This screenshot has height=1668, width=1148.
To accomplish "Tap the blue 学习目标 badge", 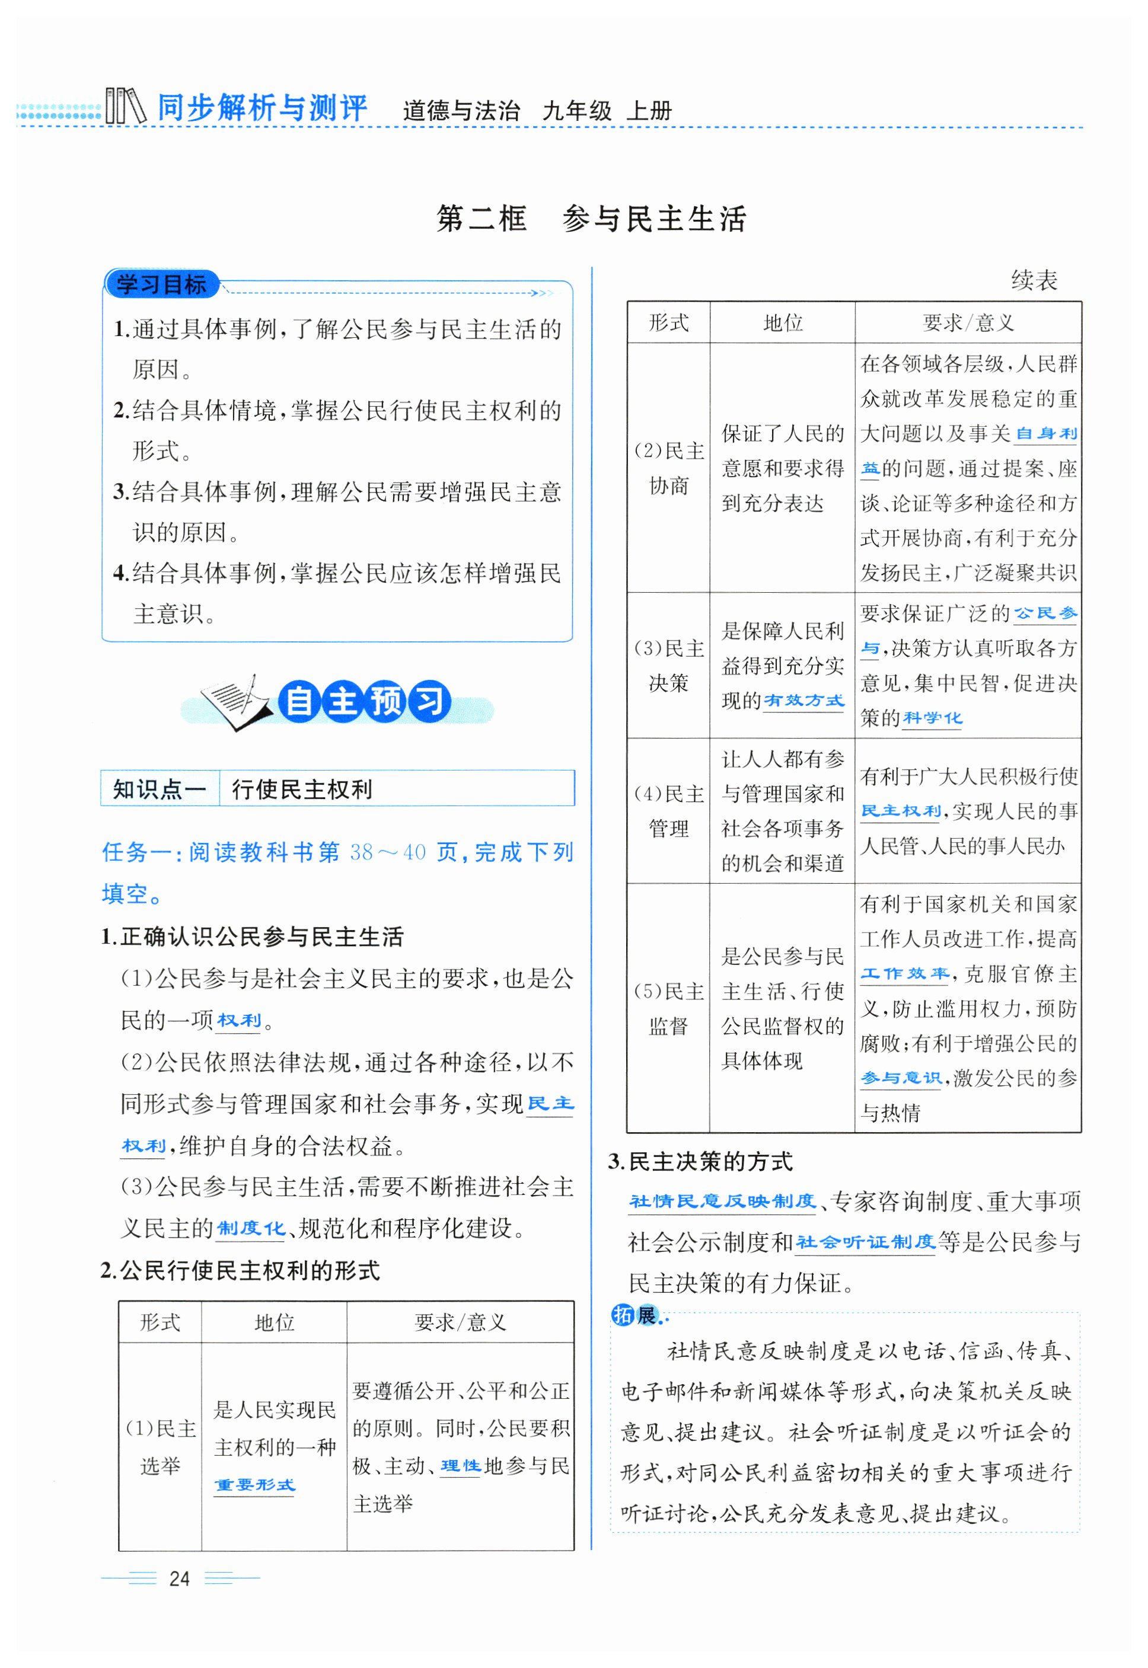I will (161, 284).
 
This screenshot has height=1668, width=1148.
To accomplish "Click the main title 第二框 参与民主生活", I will (591, 219).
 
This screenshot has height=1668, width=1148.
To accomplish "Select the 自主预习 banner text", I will (365, 702).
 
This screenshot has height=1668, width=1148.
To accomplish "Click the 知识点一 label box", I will (160, 789).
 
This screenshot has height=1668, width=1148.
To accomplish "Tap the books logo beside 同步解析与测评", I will (125, 107).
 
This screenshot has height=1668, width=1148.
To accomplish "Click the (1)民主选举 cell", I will (160, 1446).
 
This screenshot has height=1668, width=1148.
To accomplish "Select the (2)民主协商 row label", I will (668, 468).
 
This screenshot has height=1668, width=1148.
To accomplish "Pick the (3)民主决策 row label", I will (668, 665).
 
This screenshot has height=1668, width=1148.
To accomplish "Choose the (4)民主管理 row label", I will (668, 811).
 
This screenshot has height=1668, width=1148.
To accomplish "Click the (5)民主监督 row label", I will (668, 1008).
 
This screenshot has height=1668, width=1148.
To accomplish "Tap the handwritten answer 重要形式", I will (254, 1484).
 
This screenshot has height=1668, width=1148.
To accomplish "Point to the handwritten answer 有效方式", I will (803, 700).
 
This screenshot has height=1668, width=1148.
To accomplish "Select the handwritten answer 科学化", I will (932, 718).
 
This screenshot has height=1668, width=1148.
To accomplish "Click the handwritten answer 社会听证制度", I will (865, 1242).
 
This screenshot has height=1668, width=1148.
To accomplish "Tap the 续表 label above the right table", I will (1034, 280).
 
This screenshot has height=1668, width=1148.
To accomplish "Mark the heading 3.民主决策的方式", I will (700, 1162).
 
